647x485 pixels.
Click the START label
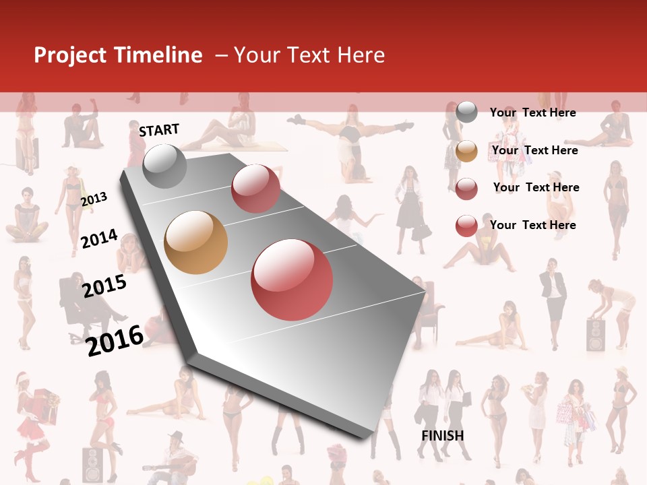point(159,130)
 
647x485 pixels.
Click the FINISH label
point(442,436)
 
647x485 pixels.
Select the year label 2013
point(94,199)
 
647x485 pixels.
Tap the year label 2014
point(99,238)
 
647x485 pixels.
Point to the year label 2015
point(104,286)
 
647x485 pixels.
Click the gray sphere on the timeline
point(165,166)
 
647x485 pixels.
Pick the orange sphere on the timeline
point(195,243)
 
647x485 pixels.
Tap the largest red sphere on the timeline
point(292,280)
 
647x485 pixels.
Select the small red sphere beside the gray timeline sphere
point(255,189)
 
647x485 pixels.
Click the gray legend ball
point(466,112)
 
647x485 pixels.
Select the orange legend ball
point(466,151)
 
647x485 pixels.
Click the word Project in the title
point(71,55)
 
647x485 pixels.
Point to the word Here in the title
point(361,55)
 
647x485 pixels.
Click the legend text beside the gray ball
point(532,112)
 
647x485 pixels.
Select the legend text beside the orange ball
point(534,150)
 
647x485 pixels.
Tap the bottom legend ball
point(466,226)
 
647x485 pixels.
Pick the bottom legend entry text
point(532,225)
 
